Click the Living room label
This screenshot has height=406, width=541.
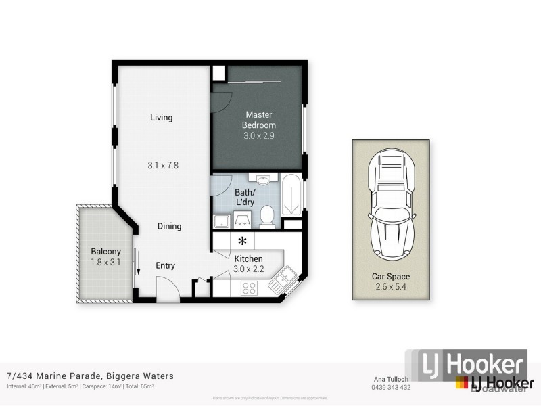click(x=161, y=118)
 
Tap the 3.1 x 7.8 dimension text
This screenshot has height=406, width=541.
click(x=163, y=165)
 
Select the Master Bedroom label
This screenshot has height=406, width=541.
click(x=259, y=120)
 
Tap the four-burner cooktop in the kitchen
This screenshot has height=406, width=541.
click(x=249, y=288)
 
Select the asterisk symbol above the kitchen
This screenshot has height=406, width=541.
click(x=242, y=241)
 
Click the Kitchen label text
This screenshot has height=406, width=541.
click(x=248, y=258)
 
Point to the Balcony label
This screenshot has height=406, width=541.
click(x=105, y=252)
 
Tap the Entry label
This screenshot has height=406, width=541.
click(x=166, y=266)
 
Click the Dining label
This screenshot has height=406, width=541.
click(x=169, y=227)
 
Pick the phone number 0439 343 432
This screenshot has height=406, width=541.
click(x=392, y=387)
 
